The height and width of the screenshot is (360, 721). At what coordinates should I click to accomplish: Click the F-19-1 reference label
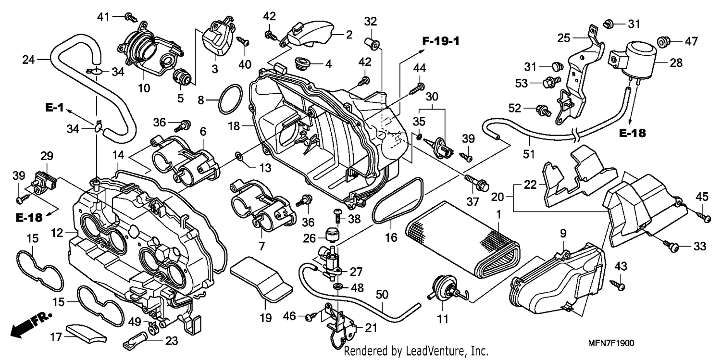point(441,41)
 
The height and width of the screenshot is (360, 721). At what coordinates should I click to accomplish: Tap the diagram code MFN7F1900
point(611,343)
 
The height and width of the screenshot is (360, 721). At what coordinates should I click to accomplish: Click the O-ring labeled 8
point(230,99)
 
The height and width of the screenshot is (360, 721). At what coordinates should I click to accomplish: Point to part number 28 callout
point(676,62)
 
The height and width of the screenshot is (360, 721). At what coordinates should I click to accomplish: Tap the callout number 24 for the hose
point(28,60)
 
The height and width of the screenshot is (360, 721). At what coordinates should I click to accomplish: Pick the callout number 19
point(266,318)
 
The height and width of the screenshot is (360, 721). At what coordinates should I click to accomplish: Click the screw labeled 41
point(131,17)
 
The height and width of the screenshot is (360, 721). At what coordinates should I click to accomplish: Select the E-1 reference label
point(54,107)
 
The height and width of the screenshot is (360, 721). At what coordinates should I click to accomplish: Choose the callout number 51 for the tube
point(529,154)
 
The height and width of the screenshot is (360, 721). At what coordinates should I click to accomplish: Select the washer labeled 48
point(337,286)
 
